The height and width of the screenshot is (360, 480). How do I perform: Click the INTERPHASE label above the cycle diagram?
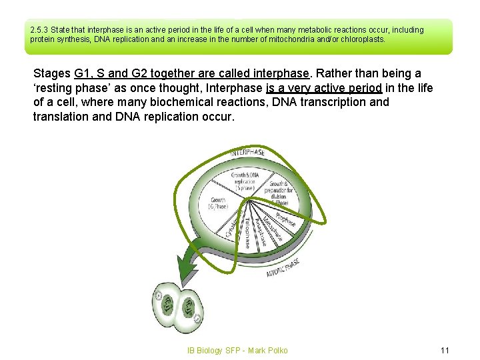[x=247, y=153]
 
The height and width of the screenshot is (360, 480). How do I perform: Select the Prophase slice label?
[x=285, y=219]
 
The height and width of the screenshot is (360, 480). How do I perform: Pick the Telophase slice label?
[x=247, y=233]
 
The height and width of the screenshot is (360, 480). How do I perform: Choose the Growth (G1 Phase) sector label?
[x=219, y=203]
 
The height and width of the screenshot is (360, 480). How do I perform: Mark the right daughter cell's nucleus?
[x=191, y=308]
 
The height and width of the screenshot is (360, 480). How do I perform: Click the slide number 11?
[x=445, y=350]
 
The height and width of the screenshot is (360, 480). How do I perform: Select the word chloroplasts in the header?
[x=363, y=39]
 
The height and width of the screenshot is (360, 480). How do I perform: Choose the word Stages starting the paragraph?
[x=52, y=73]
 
